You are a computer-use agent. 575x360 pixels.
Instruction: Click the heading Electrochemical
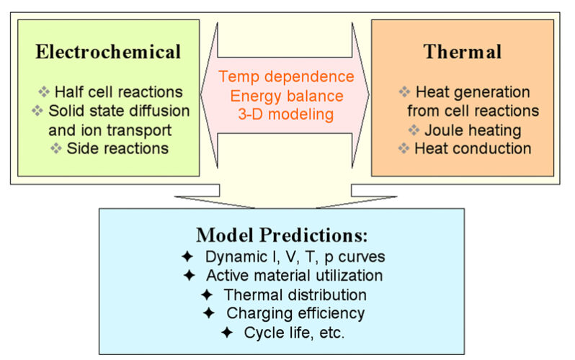click(108, 52)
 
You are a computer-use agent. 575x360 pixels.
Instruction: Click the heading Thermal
click(463, 52)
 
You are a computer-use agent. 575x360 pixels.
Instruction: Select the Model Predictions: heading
click(282, 235)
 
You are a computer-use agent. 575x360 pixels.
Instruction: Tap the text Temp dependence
click(286, 76)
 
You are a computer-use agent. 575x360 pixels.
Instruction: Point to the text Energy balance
click(287, 96)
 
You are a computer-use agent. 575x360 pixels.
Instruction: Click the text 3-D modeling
click(286, 114)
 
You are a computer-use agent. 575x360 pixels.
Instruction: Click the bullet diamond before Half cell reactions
click(44, 91)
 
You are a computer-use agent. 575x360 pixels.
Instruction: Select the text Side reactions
click(117, 148)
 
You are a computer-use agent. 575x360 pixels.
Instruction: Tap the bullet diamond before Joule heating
click(414, 130)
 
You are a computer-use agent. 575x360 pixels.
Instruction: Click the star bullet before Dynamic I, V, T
click(187, 256)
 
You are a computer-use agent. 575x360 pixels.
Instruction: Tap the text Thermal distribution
click(295, 294)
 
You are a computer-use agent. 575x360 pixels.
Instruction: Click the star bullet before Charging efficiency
click(209, 313)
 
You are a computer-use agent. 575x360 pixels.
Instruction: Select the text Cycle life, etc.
click(295, 333)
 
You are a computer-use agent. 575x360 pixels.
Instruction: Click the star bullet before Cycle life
click(227, 333)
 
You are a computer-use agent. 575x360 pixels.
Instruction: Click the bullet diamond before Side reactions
click(56, 148)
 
